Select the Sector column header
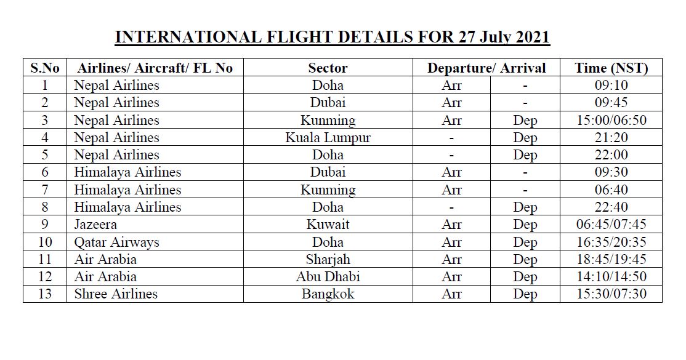pos(328,68)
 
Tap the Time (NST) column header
pos(611,68)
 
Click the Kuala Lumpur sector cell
pos(328,138)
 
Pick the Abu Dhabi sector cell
pos(328,277)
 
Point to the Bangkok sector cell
pos(328,294)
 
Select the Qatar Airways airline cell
pos(116,242)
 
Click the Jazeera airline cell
pos(95,225)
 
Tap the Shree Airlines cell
pos(116,294)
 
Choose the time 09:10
pos(611,86)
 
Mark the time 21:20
pos(611,138)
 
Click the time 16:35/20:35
pos(611,242)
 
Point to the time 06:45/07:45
pos(611,225)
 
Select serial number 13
pos(44,294)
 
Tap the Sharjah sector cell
pos(328,260)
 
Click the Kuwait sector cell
pos(328,225)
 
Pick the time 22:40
pos(611,207)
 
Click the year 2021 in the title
pos(528,38)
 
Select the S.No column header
pos(44,68)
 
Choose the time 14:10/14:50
pos(611,277)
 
